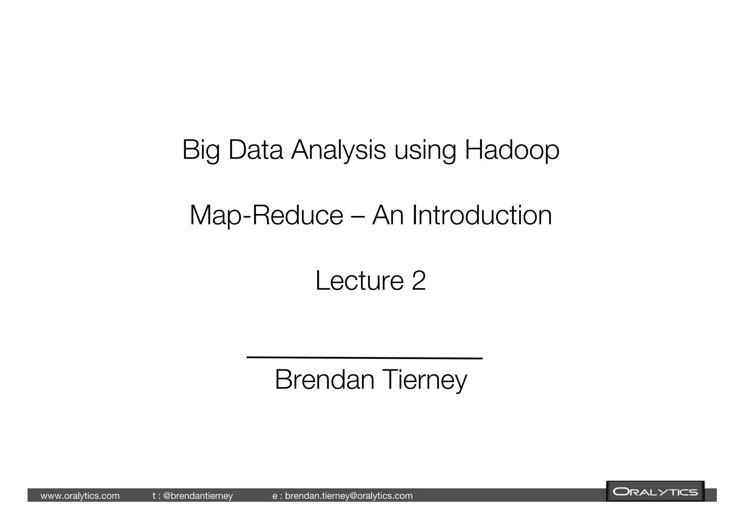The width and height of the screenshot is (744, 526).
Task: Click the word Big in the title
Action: pos(201,150)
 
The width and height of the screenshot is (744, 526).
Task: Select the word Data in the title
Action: pos(255,150)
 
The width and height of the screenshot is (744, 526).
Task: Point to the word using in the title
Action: pos(425,150)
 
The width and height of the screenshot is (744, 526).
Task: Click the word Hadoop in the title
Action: pos(512,150)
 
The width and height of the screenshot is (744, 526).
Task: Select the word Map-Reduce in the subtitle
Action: pos(266,215)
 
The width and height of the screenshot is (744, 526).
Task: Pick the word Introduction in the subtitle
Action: pos(482,215)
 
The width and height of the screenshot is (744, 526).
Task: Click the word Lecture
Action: pos(359,280)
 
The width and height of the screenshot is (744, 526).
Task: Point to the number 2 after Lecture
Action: pos(418,280)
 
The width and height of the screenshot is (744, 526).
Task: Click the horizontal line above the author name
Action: pos(364,358)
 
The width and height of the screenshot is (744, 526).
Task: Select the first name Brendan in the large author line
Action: pos(324,380)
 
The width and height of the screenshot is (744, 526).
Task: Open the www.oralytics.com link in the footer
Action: pos(80,496)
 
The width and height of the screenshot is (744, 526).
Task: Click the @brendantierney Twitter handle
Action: pos(198,496)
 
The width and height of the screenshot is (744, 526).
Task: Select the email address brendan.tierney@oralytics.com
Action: pos(349,496)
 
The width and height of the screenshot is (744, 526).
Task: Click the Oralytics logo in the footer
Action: pos(655,492)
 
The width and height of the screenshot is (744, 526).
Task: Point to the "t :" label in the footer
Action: pos(157,496)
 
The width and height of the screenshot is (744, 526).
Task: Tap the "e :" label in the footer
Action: pos(277,496)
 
